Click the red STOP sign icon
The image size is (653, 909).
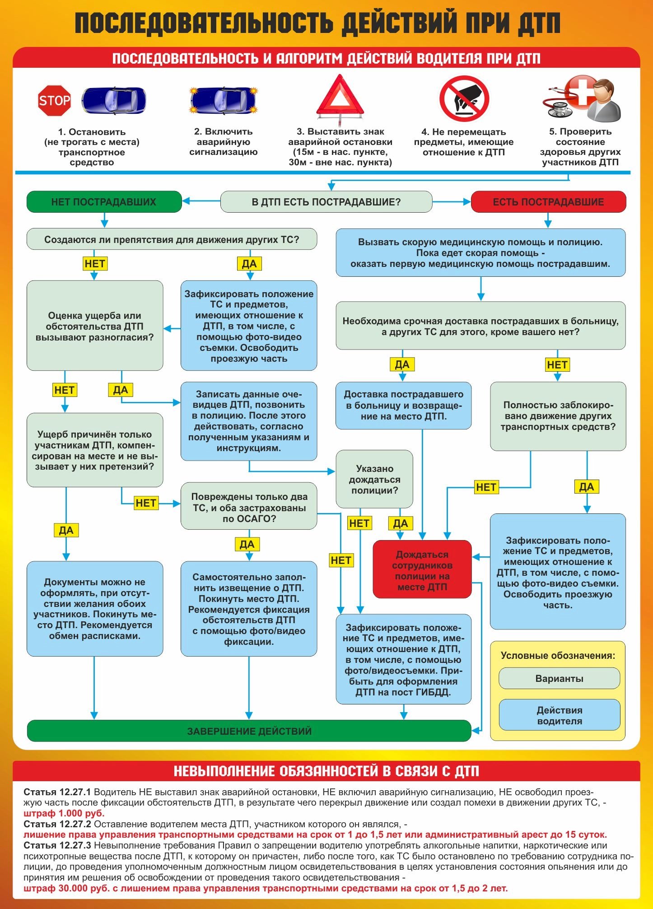(54, 100)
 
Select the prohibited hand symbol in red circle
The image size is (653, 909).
(464, 98)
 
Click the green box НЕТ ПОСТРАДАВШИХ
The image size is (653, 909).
(104, 202)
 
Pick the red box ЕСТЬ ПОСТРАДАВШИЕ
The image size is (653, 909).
(548, 202)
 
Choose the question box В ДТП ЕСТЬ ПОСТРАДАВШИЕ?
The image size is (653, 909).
(326, 202)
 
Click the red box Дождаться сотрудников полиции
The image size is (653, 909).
(422, 570)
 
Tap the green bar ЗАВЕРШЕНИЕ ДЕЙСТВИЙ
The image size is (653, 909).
(249, 731)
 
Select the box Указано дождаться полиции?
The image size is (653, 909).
(374, 479)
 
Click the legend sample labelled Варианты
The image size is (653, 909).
(559, 679)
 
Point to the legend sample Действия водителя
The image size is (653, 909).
(559, 715)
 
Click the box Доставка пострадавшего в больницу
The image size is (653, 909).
(403, 405)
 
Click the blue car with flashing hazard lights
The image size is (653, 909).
(224, 100)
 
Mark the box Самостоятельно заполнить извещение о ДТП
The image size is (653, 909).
(249, 609)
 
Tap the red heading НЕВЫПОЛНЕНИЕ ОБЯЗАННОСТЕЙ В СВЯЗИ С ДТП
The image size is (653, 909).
(326, 771)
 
